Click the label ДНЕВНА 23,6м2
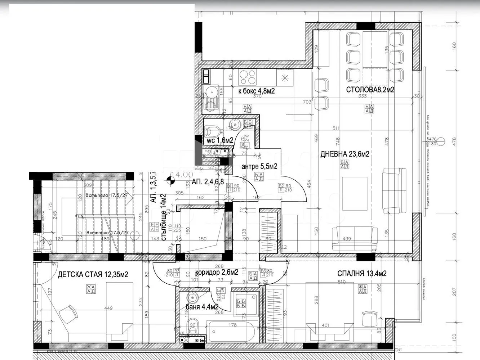345,154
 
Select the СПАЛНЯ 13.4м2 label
362,273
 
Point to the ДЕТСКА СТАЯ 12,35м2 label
93,275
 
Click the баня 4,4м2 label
202,307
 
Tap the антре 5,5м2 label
259,166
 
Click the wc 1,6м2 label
220,140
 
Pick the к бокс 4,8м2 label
257,91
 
